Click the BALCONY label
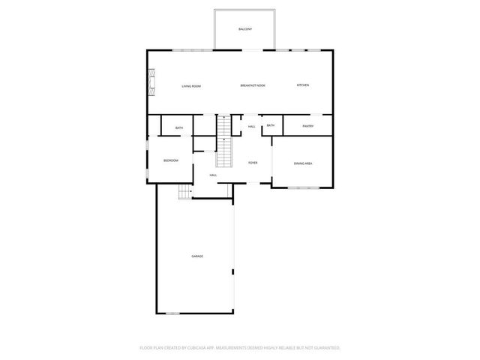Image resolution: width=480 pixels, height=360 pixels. (244, 28)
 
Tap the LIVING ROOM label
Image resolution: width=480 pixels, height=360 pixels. (191, 86)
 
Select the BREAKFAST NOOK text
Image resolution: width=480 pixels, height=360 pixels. (253, 86)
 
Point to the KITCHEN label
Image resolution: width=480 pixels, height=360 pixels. (303, 85)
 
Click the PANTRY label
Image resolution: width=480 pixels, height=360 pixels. (307, 126)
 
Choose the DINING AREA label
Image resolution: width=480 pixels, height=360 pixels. (303, 163)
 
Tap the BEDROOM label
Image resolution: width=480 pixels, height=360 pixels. (171, 160)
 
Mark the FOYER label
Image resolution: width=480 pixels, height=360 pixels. (253, 162)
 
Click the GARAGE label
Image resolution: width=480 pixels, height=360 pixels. (196, 256)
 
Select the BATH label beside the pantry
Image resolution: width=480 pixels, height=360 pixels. (270, 125)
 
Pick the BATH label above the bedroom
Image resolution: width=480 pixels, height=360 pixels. (179, 128)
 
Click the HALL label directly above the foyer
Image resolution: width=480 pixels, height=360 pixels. (251, 126)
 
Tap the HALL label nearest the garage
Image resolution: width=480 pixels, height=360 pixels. (213, 175)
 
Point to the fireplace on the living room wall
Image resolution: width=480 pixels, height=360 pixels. (152, 82)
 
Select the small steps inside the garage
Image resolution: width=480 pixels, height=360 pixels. (184, 193)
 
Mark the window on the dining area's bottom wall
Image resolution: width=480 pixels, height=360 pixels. (304, 187)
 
